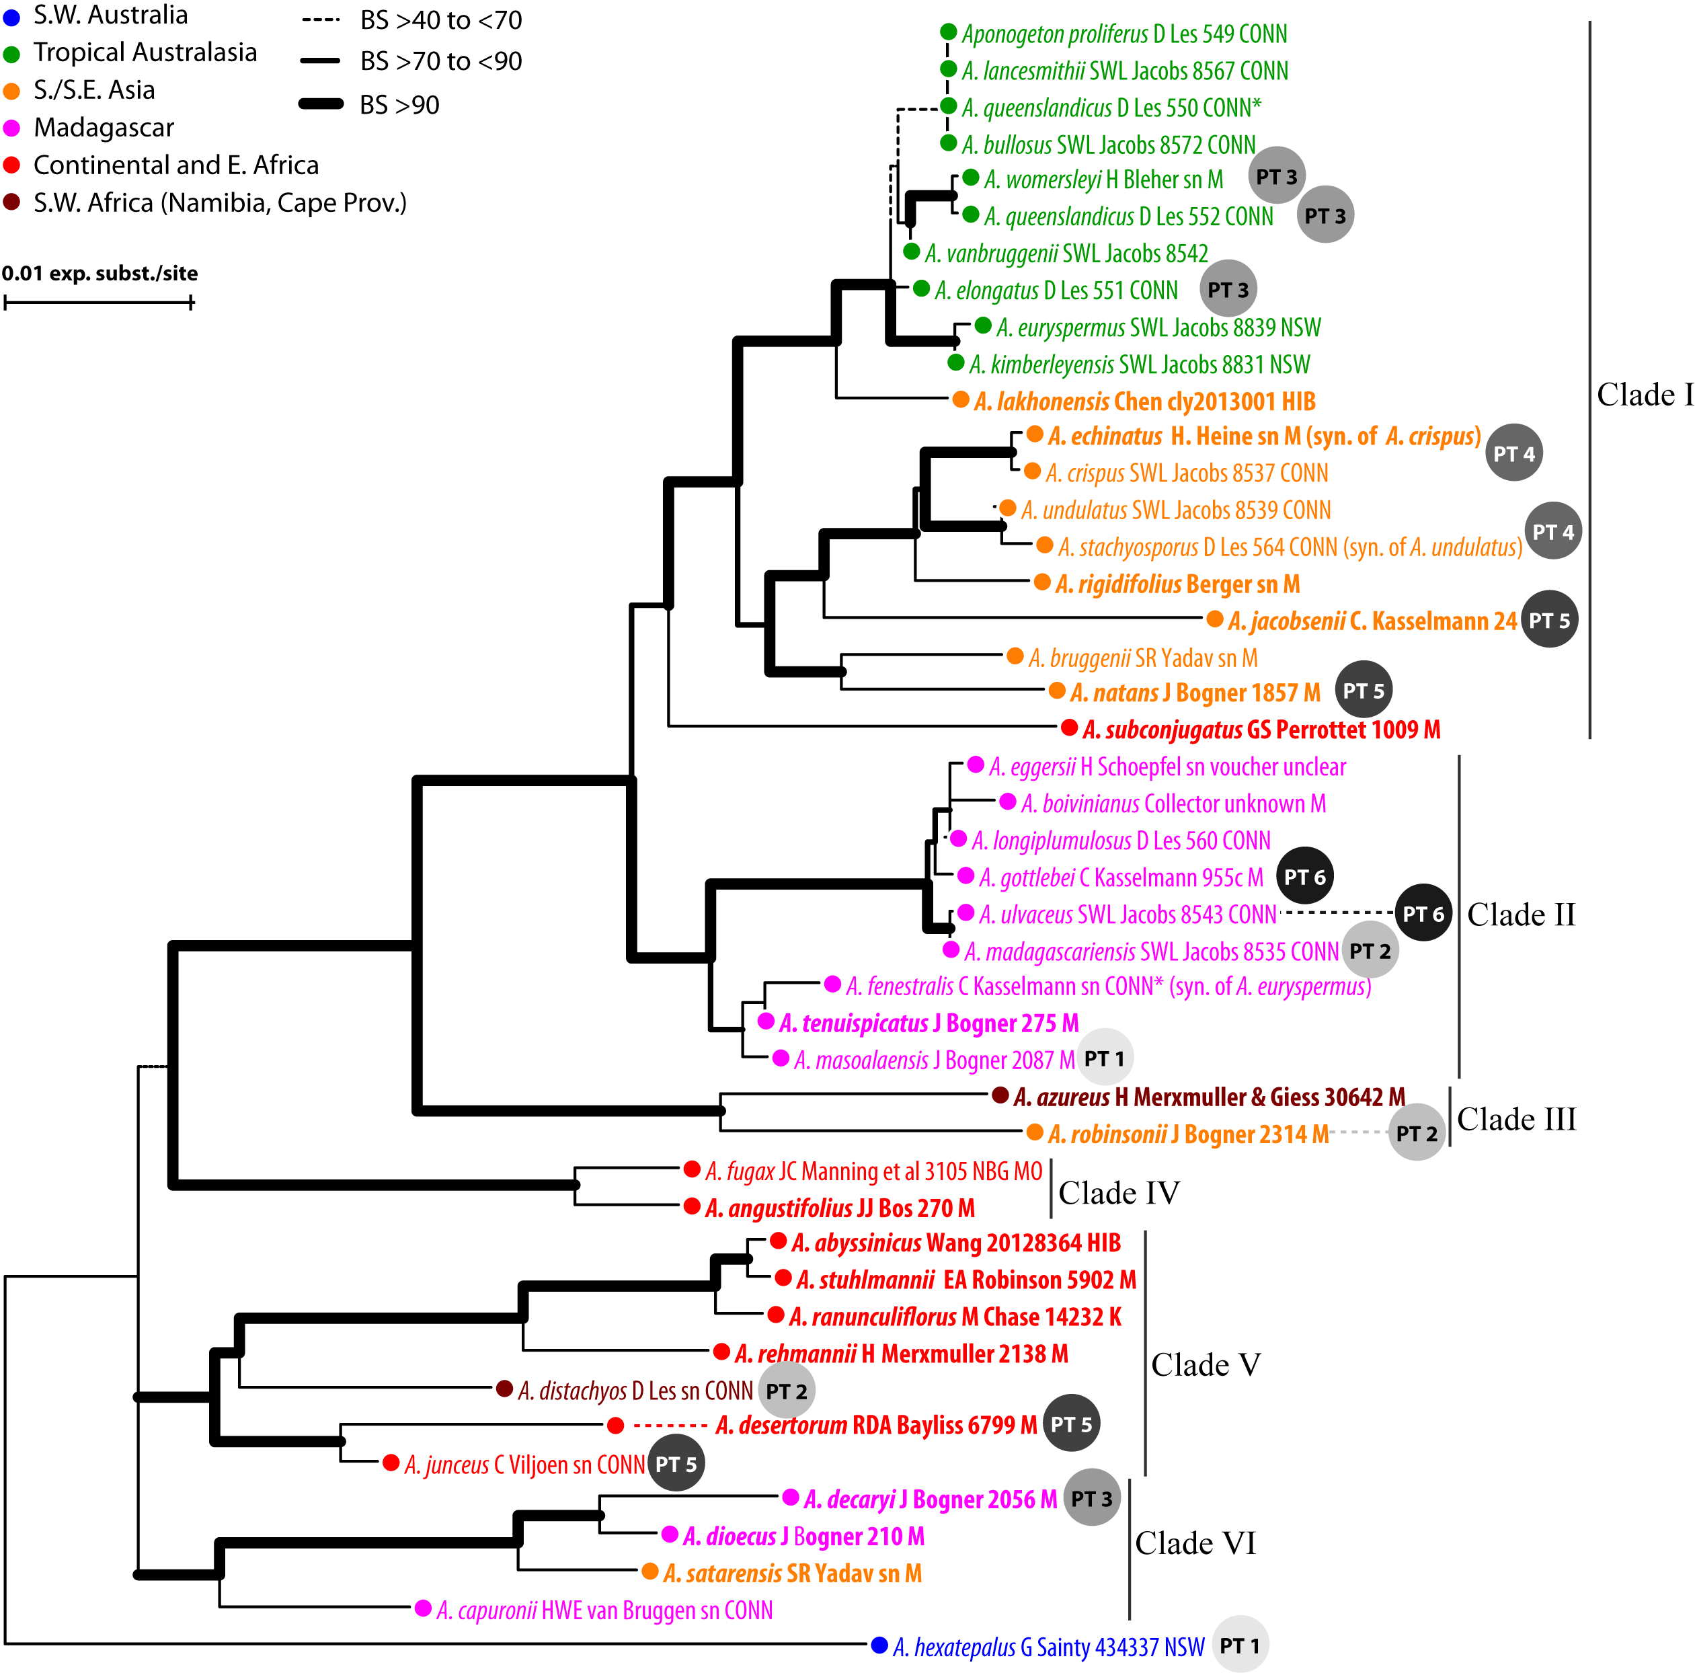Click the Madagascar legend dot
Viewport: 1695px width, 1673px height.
pyautogui.click(x=11, y=128)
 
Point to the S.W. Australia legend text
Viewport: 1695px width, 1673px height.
pyautogui.click(x=110, y=15)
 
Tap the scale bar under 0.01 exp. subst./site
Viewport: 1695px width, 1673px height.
pyautogui.click(x=98, y=303)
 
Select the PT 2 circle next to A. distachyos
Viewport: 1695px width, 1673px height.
pyautogui.click(x=786, y=1391)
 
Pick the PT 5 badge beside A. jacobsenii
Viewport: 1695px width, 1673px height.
pyautogui.click(x=1549, y=619)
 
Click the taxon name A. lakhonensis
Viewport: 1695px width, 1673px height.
pyautogui.click(x=1041, y=402)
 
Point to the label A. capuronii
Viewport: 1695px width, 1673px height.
pyautogui.click(x=487, y=1610)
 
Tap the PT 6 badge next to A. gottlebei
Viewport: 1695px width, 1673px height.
pyautogui.click(x=1304, y=876)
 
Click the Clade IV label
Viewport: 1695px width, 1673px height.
pyautogui.click(x=1119, y=1192)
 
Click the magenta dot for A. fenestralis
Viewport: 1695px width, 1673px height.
pyautogui.click(x=832, y=984)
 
